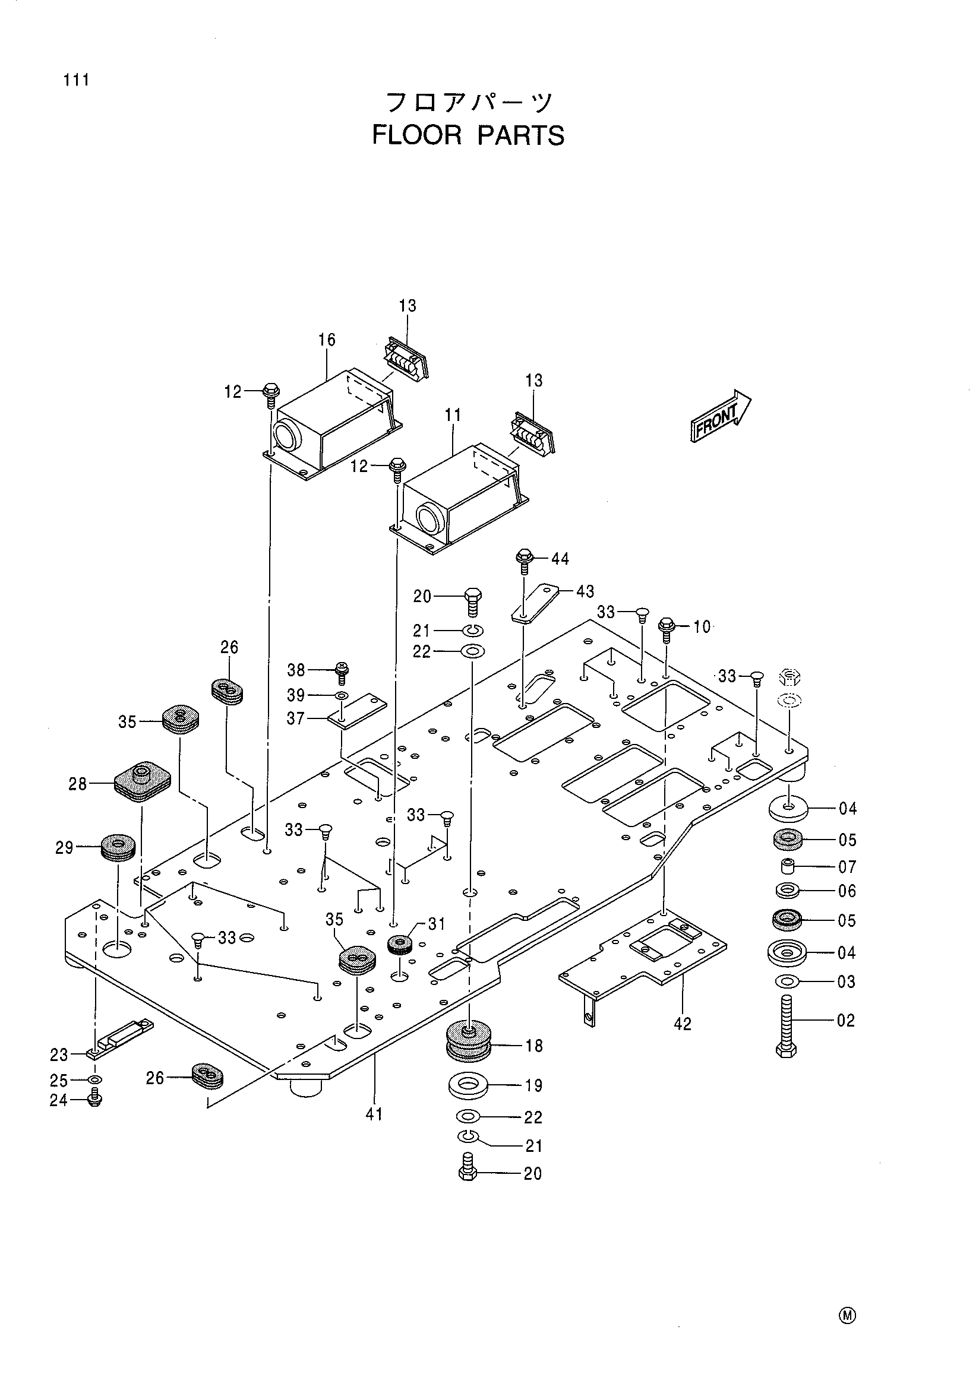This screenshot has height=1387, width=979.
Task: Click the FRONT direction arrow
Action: (721, 416)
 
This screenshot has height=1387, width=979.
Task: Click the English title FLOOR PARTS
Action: (468, 135)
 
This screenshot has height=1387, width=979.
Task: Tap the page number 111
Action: (76, 80)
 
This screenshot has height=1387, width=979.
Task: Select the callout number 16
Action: (327, 340)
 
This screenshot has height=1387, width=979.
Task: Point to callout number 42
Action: (683, 1024)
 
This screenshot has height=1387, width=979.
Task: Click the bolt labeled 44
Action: (524, 561)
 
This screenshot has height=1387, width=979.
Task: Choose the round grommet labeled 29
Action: (118, 848)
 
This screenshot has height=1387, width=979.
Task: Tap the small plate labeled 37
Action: (356, 711)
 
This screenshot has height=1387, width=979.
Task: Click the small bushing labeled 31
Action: (400, 944)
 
